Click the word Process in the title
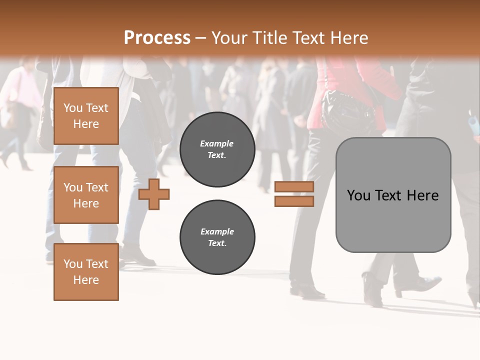coord(157,38)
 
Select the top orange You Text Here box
coord(86,116)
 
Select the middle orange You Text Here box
coord(86,195)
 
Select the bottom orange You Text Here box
coord(86,272)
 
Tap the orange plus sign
coord(154,194)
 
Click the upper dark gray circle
coord(217,149)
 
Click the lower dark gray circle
coord(217,237)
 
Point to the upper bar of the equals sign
coord(294,186)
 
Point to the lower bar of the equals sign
coord(294,201)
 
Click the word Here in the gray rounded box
coord(423,195)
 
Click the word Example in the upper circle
coord(217,143)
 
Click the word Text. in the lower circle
coord(217,243)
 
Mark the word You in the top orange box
coord(72,108)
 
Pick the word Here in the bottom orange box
coord(86,280)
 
